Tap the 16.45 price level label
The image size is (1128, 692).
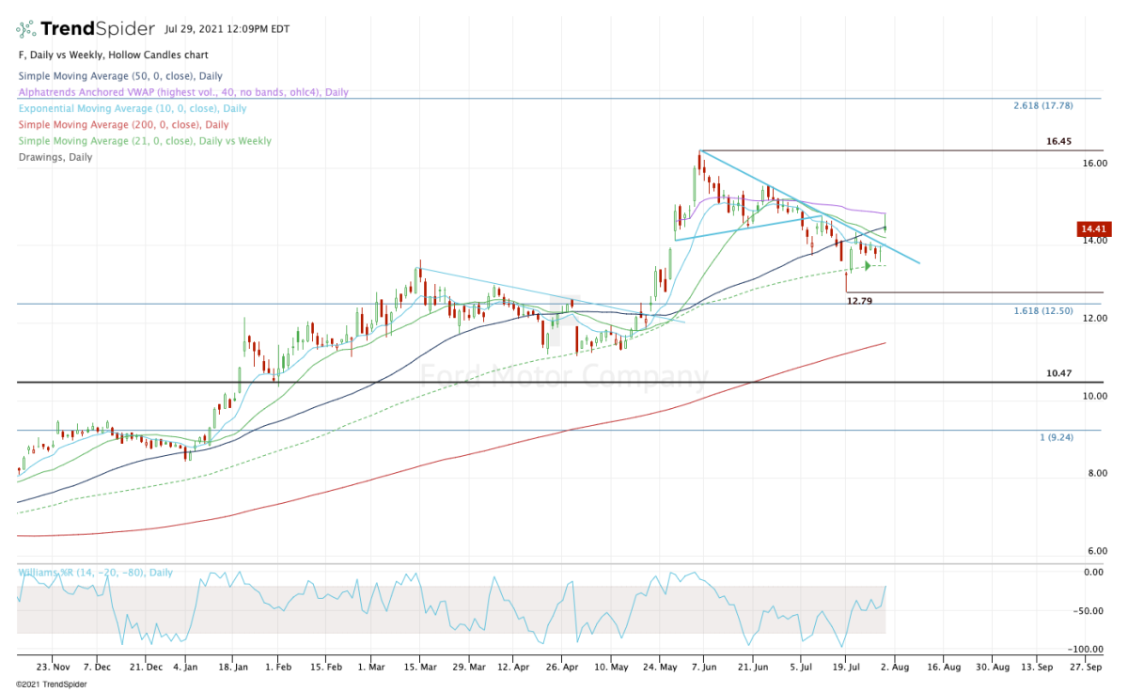click(x=1058, y=142)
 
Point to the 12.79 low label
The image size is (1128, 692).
click(x=860, y=302)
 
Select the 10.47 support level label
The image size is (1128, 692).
click(x=1058, y=373)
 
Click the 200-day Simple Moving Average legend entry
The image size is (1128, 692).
click(x=123, y=124)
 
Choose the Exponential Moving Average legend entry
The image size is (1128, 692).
click(x=133, y=108)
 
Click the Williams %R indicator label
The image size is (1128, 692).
click(x=79, y=572)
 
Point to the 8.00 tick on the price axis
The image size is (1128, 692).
click(x=1092, y=473)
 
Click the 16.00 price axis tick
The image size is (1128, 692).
click(x=1094, y=163)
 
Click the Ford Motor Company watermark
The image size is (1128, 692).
click(x=563, y=377)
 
